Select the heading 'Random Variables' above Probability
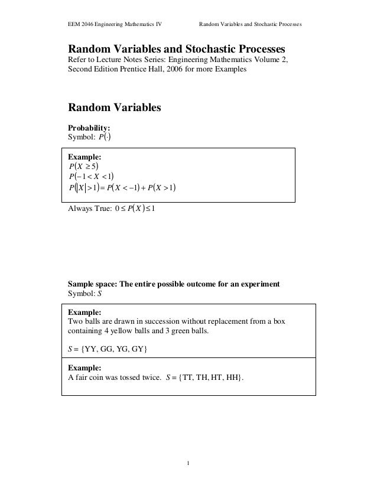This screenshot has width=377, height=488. pos(115,108)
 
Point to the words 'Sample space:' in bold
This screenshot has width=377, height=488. pos(95,285)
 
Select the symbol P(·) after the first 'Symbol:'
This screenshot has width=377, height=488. pos(104,137)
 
